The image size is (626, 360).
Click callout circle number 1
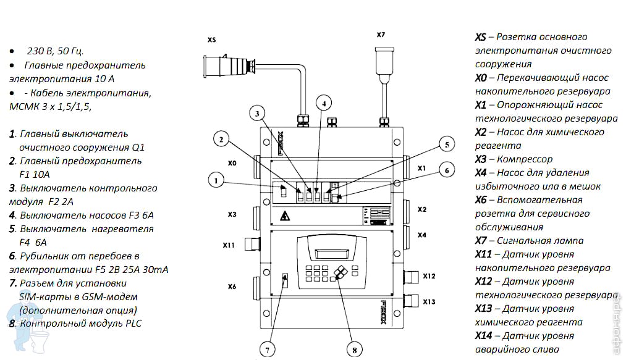[215, 181]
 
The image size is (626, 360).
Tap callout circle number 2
[221, 140]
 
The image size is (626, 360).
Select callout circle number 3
[258, 112]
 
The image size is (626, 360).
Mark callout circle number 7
[268, 349]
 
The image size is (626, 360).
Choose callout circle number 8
[355, 349]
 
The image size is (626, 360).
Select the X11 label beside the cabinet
[229, 245]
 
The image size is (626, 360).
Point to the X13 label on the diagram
[429, 301]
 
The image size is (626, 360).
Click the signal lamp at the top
[383, 59]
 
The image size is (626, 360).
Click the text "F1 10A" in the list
[32, 174]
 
